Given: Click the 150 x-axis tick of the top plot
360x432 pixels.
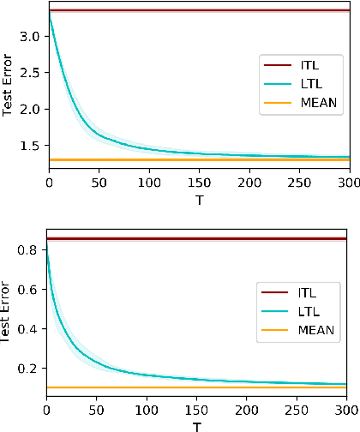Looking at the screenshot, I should (197, 183).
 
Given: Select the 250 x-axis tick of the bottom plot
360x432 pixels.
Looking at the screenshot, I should (296, 410).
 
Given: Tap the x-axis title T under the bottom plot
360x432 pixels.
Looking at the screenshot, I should (197, 426).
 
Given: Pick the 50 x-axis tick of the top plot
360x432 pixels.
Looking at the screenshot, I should (99, 183).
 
